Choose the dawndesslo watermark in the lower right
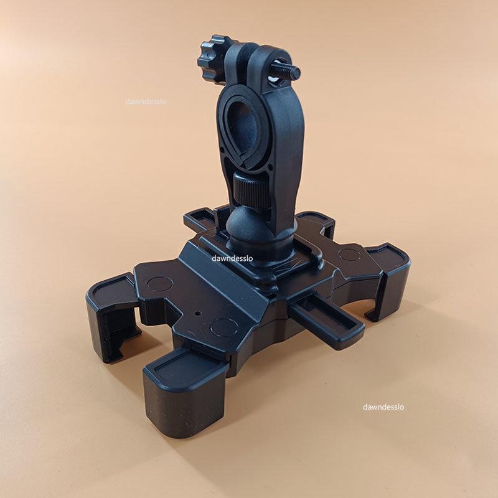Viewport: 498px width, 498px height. point(383,406)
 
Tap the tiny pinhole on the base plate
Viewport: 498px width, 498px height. point(199,313)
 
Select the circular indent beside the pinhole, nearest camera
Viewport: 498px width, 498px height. point(224,328)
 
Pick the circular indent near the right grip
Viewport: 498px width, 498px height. point(350,253)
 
